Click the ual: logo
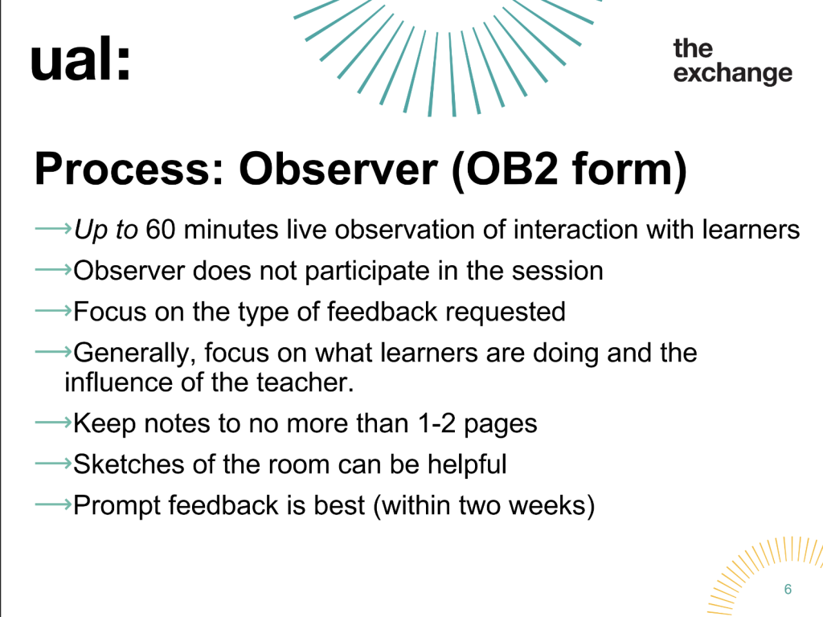[x=80, y=59]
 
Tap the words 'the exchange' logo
[x=733, y=61]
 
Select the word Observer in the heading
[x=338, y=169]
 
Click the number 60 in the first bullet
[x=160, y=230]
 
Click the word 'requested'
[x=506, y=312]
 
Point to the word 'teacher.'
[x=305, y=382]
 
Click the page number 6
[x=788, y=589]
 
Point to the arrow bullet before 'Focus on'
[x=53, y=311]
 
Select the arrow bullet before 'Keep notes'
[x=53, y=423]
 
